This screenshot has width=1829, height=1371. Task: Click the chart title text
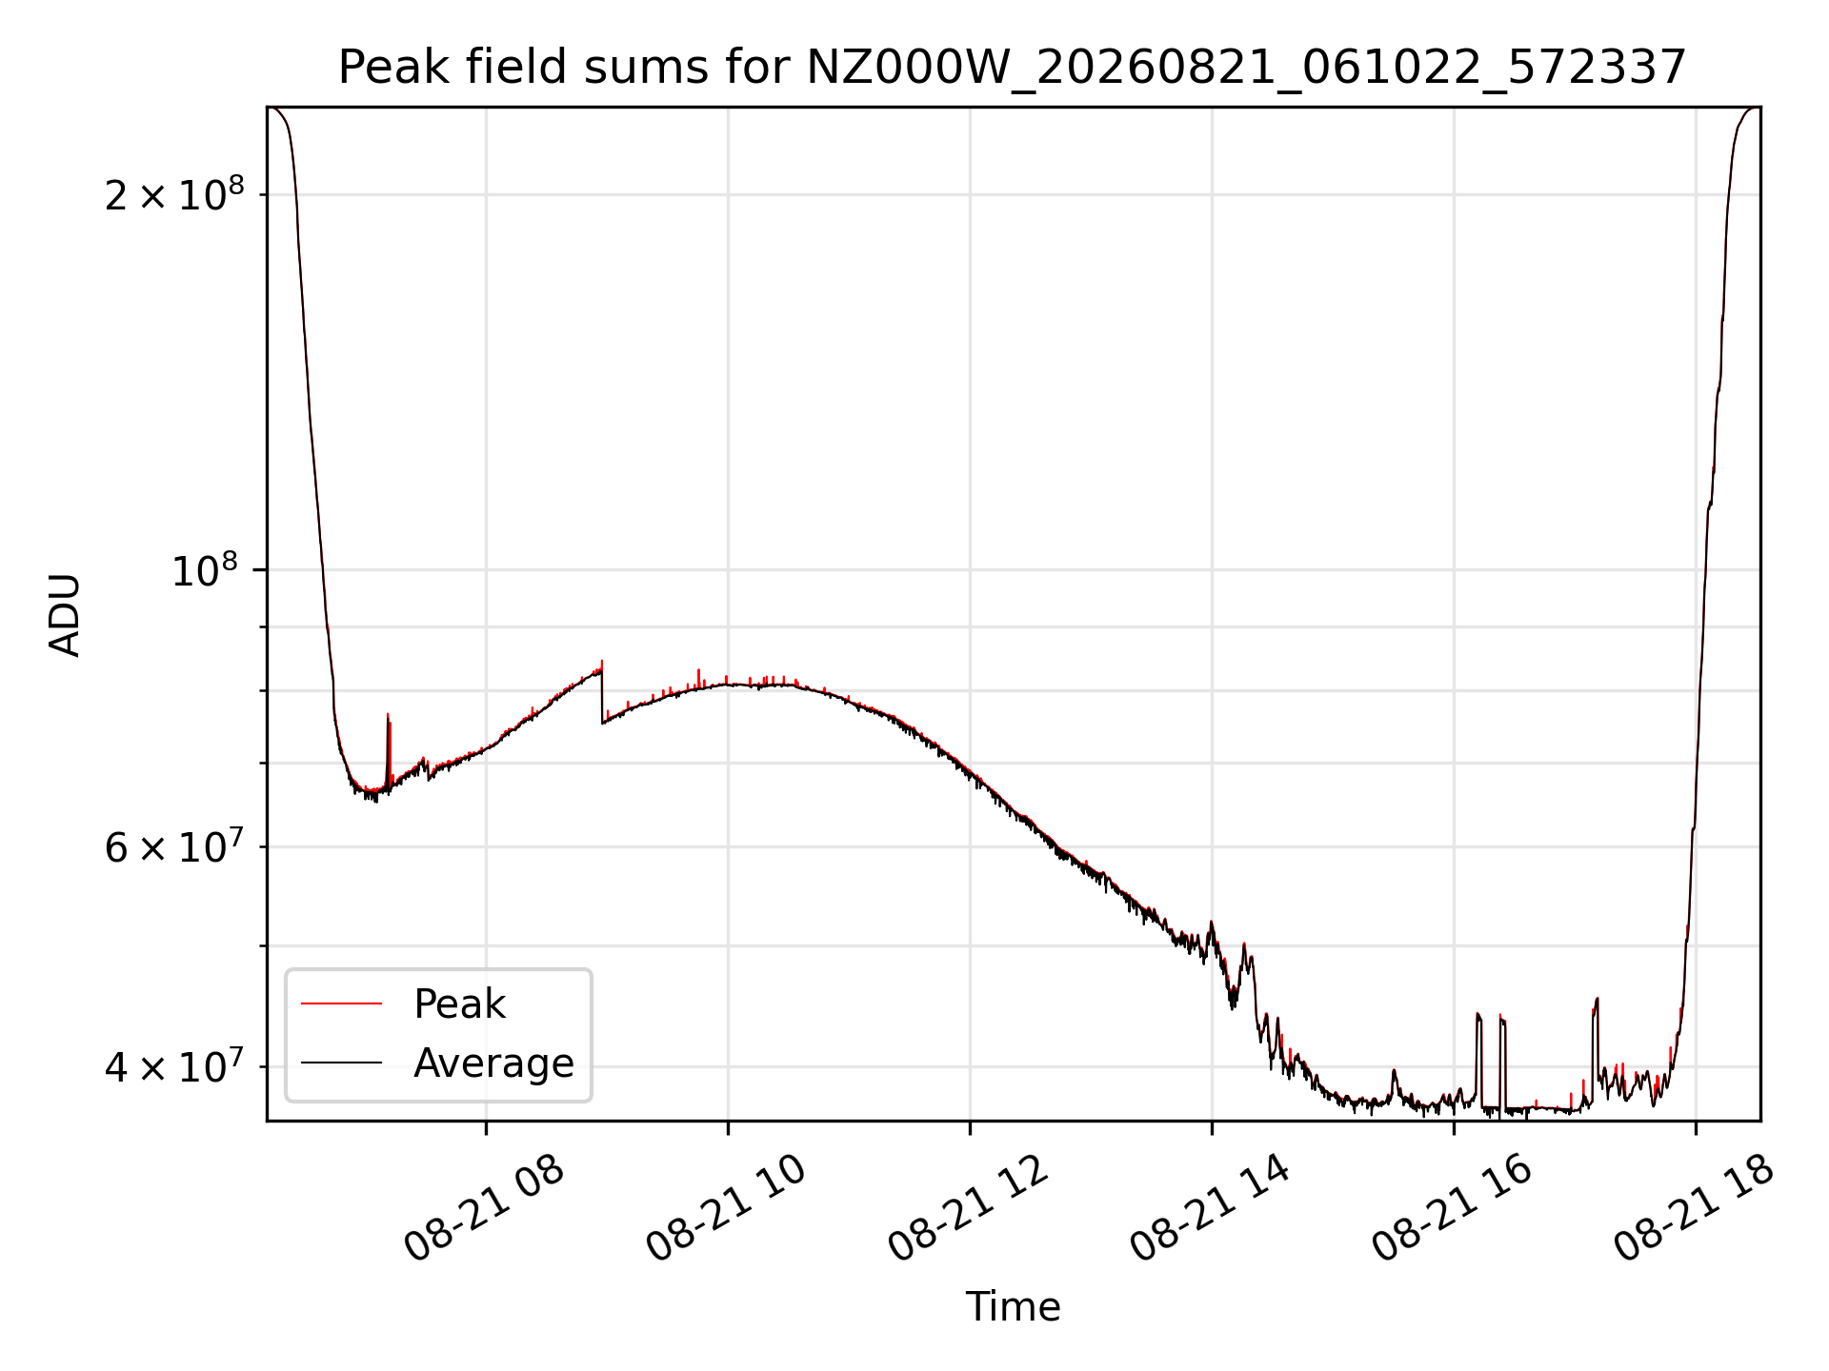pyautogui.click(x=1013, y=68)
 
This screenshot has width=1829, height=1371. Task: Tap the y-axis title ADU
pyautogui.click(x=65, y=615)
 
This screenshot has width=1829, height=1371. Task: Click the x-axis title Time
pyautogui.click(x=1013, y=1307)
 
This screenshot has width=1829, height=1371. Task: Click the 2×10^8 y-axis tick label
pyautogui.click(x=174, y=194)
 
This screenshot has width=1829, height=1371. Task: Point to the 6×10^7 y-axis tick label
pyautogui.click(x=174, y=846)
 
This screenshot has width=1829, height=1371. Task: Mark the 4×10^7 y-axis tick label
pyautogui.click(x=174, y=1066)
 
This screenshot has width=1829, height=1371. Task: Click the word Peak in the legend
pyautogui.click(x=459, y=1004)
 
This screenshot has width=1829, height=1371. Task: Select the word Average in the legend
pyautogui.click(x=493, y=1063)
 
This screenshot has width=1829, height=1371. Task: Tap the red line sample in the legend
pyautogui.click(x=341, y=1003)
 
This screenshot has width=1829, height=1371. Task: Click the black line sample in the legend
pyautogui.click(x=341, y=1063)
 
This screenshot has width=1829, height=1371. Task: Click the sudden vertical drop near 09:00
pyautogui.click(x=602, y=693)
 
